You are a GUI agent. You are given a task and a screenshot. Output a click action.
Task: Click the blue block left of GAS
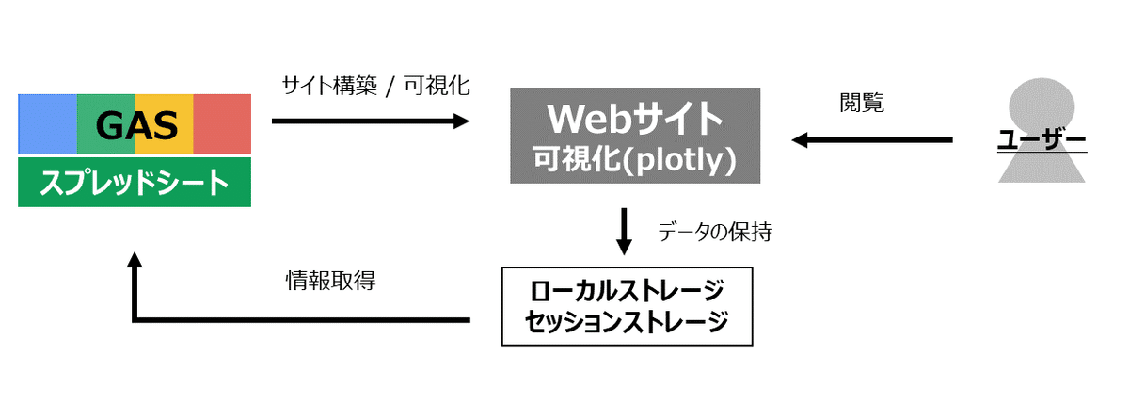[47, 123]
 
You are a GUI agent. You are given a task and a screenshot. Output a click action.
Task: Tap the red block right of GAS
[223, 123]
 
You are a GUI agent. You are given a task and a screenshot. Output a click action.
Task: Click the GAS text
[135, 124]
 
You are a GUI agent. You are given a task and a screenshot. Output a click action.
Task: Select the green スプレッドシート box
[135, 182]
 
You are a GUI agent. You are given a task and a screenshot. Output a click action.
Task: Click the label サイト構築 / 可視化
[375, 86]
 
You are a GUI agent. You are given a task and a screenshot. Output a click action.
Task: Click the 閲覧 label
[861, 104]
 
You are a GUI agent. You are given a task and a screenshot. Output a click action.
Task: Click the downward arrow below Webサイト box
[623, 232]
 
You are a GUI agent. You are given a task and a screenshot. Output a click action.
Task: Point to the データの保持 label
[715, 232]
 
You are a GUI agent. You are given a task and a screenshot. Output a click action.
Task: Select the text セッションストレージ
[628, 321]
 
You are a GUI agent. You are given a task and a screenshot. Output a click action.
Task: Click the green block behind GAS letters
[105, 123]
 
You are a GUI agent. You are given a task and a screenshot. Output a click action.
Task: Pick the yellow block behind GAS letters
[165, 123]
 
